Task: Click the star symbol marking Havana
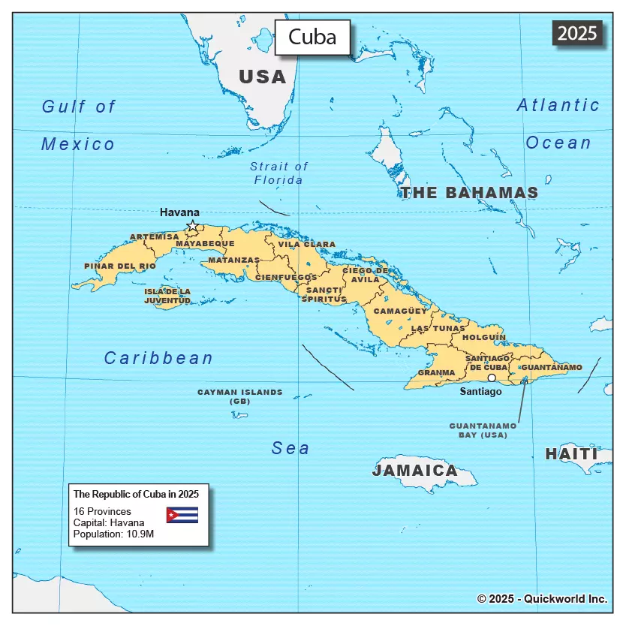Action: click(193, 225)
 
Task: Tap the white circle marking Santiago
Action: click(492, 378)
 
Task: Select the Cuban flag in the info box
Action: click(182, 515)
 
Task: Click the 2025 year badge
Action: click(577, 33)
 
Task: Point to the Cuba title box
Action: click(312, 37)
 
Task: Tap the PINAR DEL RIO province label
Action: click(120, 266)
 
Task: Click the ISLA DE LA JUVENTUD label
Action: click(167, 296)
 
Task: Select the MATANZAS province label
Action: click(233, 260)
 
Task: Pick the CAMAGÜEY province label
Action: click(400, 310)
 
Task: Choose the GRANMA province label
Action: click(436, 372)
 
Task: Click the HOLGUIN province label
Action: click(484, 338)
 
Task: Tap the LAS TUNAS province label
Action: click(438, 328)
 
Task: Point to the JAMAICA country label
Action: click(415, 471)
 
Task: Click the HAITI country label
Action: click(571, 454)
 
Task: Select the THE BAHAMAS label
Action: click(469, 193)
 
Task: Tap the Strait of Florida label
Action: click(278, 173)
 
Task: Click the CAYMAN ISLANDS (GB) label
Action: click(240, 396)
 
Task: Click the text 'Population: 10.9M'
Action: click(113, 534)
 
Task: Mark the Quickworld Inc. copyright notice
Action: click(542, 599)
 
